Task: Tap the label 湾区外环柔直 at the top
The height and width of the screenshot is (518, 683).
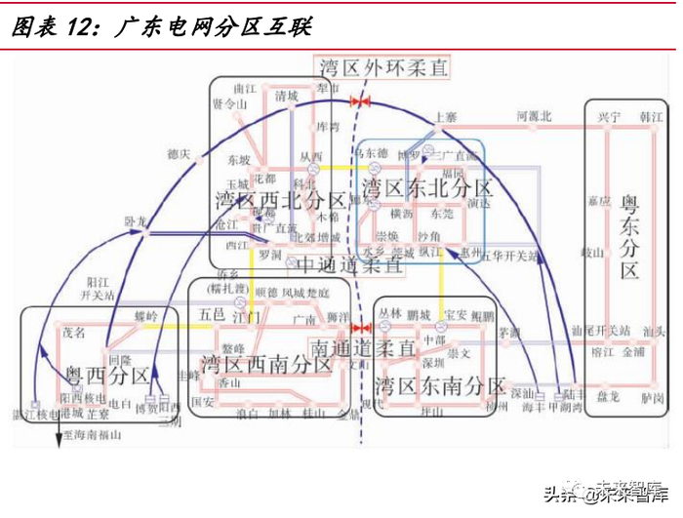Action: (383, 67)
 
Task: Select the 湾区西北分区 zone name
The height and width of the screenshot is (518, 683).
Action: (276, 201)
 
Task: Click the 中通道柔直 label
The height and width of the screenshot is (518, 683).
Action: (348, 264)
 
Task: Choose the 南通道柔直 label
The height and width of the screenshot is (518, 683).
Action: (364, 346)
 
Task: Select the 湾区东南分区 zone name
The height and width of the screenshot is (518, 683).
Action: (440, 384)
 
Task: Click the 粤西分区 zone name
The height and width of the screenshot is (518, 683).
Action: (106, 376)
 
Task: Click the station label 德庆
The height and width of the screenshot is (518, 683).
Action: (179, 153)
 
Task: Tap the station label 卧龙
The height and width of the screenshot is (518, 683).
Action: (136, 222)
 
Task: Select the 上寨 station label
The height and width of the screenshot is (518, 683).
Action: (447, 116)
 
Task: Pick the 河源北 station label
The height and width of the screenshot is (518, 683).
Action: (534, 116)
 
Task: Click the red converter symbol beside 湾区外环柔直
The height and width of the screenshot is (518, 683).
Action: (360, 100)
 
